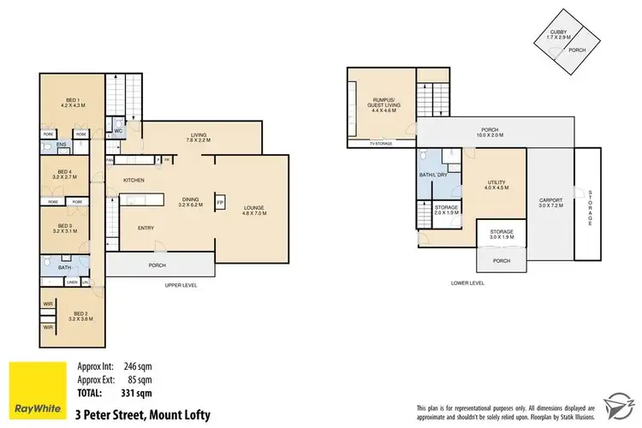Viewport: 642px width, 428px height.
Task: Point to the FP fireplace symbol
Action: tap(219, 202)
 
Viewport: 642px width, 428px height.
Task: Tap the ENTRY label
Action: tap(146, 228)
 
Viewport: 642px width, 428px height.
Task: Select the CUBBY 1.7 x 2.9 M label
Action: tap(557, 34)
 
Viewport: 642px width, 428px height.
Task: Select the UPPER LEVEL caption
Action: tap(181, 284)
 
